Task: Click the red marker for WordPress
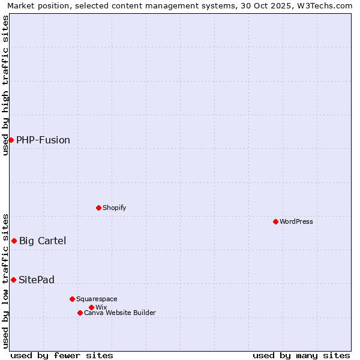coord(275,221)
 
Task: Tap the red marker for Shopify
coord(98,208)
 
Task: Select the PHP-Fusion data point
coord(11,140)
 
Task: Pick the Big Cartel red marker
coord(14,241)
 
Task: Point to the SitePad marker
coord(13,280)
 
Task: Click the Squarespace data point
coord(72,299)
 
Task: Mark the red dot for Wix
coord(91,307)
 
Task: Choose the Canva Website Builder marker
coord(80,313)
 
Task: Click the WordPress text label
coord(296,221)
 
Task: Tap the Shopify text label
coord(115,208)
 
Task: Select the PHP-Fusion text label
coord(43,140)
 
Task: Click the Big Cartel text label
coord(43,241)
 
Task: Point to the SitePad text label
coord(37,280)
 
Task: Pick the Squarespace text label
coord(97,299)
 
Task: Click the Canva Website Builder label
coord(120,313)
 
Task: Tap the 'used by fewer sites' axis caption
coord(62,355)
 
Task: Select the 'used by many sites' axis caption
coord(301,355)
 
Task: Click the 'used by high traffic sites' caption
coord(5,85)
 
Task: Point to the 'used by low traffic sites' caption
coord(5,281)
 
